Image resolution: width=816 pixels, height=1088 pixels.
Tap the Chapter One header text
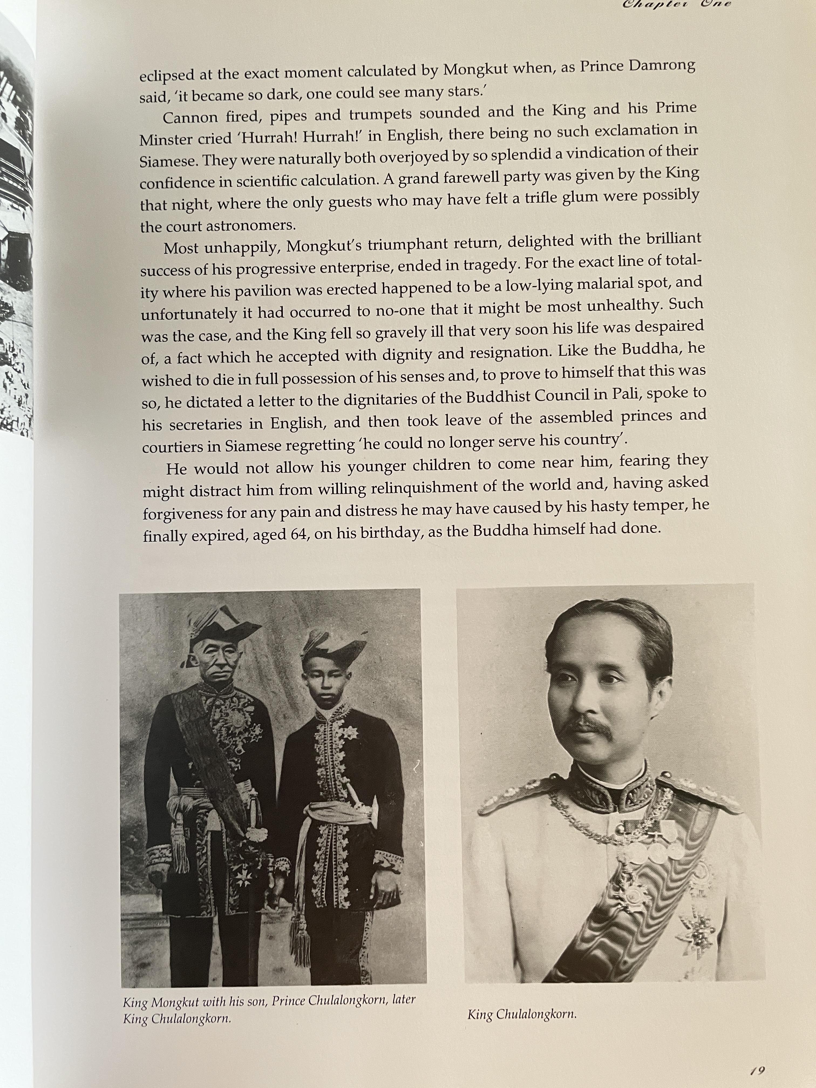pos(676,4)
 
